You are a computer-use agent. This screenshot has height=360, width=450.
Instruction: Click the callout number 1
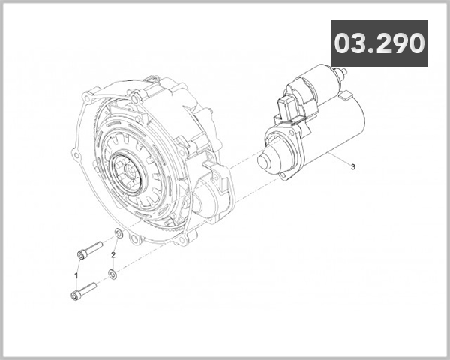point(76,275)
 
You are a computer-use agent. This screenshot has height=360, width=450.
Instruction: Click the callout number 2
point(113,255)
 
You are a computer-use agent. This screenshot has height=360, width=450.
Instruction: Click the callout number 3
point(352,168)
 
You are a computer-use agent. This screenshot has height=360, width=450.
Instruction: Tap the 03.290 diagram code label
point(379,43)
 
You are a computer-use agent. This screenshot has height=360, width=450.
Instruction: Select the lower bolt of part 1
point(83,291)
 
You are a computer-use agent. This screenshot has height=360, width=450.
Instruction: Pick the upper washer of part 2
point(118,233)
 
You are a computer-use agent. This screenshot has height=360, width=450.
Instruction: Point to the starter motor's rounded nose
point(266,160)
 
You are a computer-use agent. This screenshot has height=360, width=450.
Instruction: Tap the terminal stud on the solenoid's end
point(343,73)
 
